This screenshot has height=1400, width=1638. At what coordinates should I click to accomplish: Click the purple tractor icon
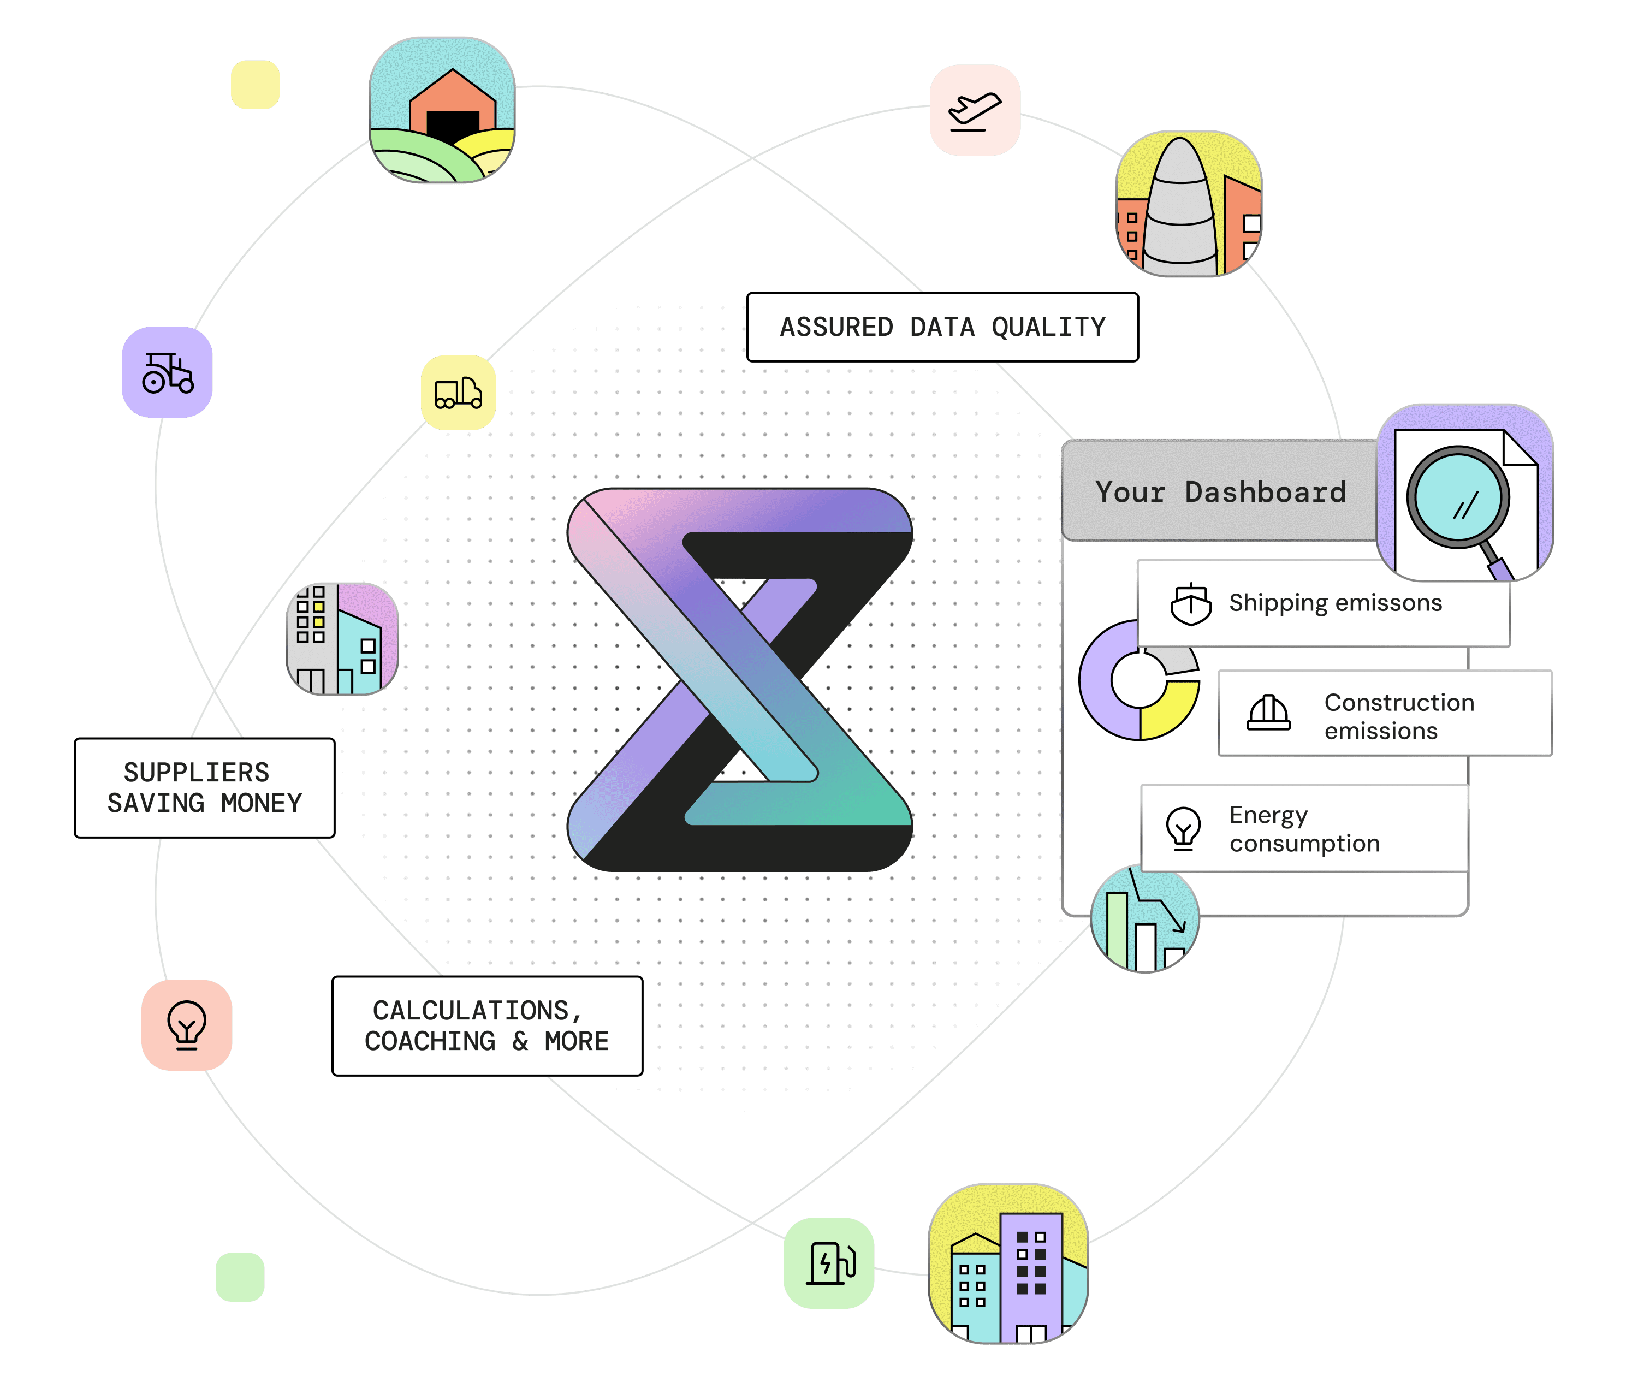pos(167,372)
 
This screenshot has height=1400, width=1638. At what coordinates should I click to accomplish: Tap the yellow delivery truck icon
pos(459,393)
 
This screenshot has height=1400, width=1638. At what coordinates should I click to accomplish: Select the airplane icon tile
pos(975,111)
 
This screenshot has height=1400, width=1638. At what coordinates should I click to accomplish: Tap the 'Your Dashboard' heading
pos(1220,492)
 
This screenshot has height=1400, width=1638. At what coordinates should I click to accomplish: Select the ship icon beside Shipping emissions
pos(1191,605)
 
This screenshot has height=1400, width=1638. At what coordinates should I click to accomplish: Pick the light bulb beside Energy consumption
pos(1183,828)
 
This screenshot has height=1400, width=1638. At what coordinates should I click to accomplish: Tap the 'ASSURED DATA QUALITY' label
pos(942,327)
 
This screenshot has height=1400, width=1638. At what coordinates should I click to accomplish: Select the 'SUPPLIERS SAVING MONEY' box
pos(205,788)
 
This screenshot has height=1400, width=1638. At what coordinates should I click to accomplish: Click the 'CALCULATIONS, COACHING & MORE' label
pos(487,1026)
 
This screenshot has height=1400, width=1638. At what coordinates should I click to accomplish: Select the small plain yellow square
pos(256,85)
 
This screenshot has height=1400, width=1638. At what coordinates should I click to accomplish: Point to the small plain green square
pos(240,1277)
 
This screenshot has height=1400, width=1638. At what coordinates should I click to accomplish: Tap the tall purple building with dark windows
pos(1030,1273)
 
